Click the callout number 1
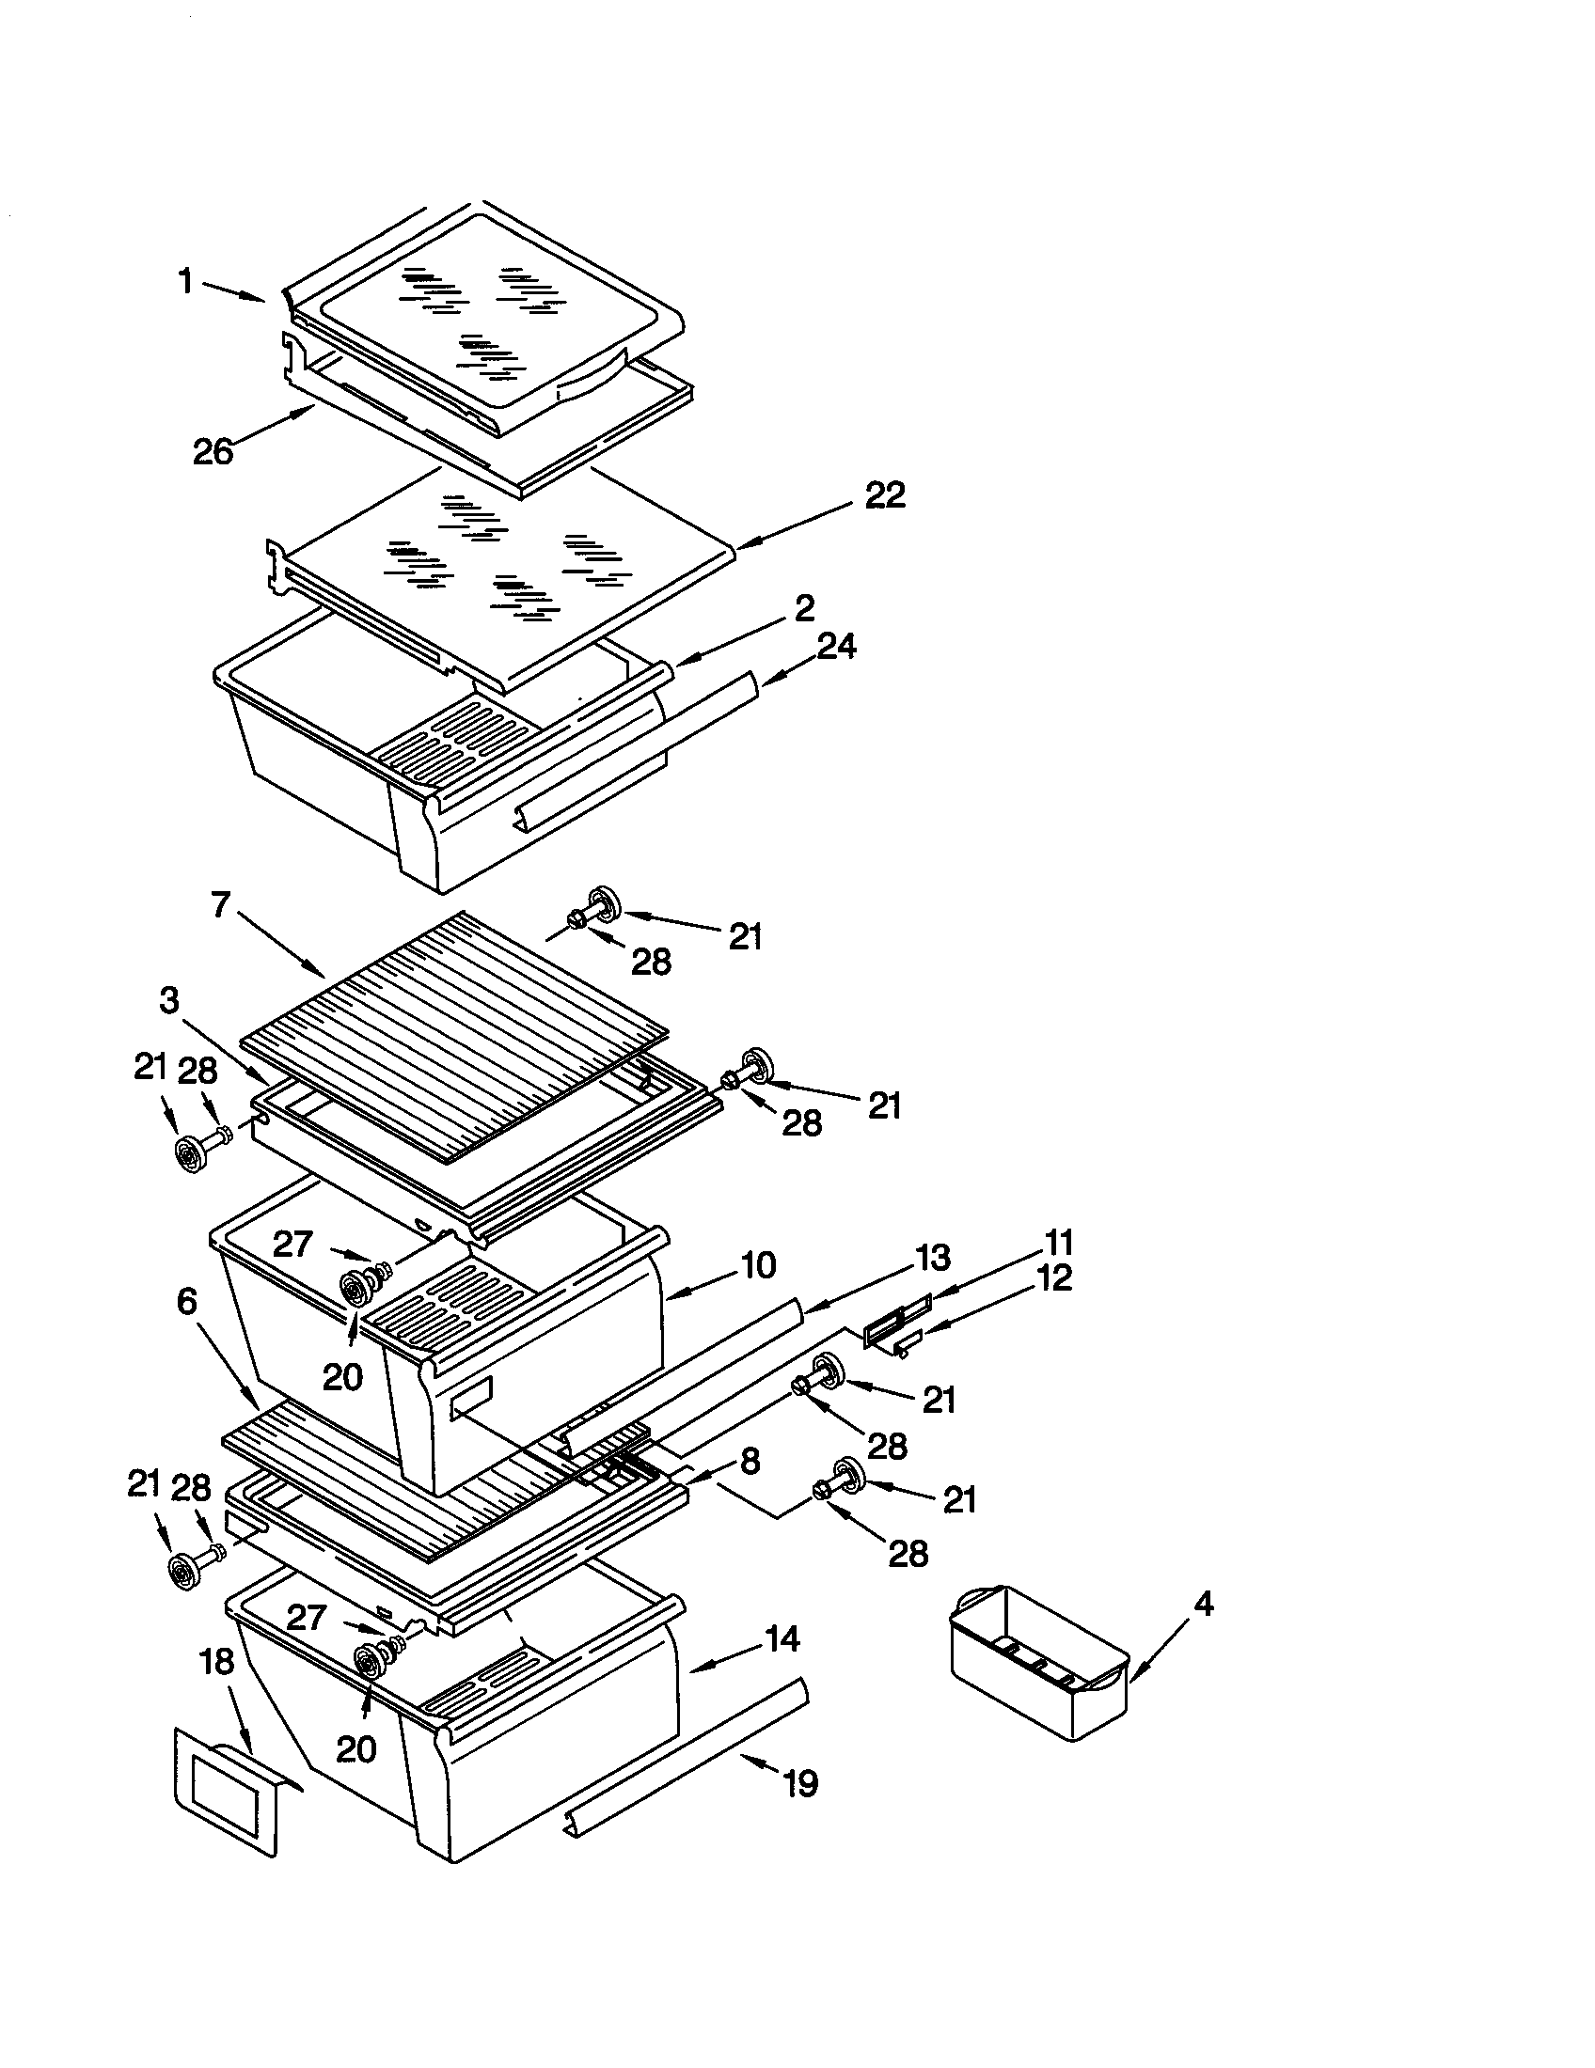point(186,281)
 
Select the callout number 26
point(213,451)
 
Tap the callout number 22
point(885,495)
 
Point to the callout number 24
point(837,647)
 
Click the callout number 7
point(221,906)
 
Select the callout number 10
point(758,1265)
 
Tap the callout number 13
point(932,1258)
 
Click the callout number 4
point(1203,1604)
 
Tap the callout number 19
point(800,1785)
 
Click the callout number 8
point(750,1461)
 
